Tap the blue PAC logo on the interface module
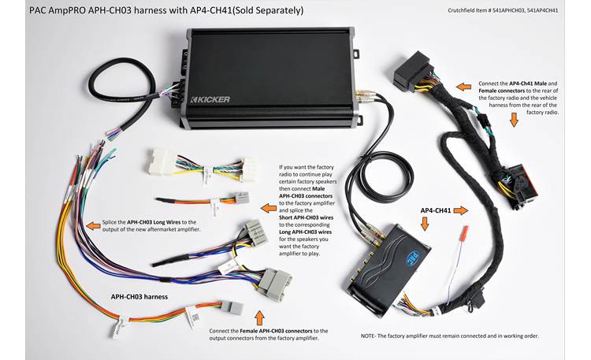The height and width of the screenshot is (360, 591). coord(418,255)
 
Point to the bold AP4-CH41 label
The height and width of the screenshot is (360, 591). coord(436,210)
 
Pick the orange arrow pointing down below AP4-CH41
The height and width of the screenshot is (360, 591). coord(426,225)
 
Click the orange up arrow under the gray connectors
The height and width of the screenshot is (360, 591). coord(261,315)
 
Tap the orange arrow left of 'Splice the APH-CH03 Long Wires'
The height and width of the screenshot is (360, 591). coord(94,225)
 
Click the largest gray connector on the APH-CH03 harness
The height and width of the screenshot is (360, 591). coord(273,282)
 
